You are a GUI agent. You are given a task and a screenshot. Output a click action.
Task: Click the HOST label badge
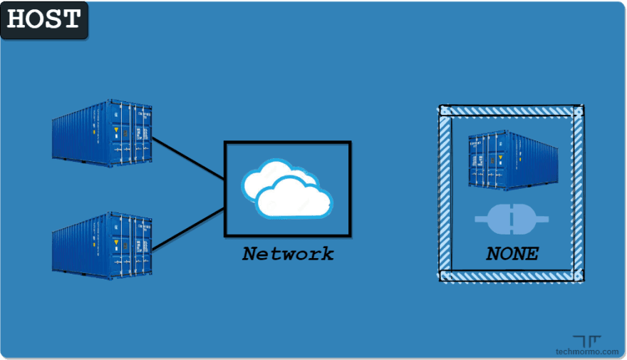(x=44, y=19)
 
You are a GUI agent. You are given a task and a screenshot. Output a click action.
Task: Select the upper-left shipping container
(x=102, y=133)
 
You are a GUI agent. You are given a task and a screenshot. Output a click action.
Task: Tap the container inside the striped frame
(x=512, y=160)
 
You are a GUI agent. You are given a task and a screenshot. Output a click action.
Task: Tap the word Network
(x=287, y=254)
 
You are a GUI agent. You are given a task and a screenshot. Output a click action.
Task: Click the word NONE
(x=512, y=254)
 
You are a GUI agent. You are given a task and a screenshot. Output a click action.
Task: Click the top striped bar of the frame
(x=511, y=111)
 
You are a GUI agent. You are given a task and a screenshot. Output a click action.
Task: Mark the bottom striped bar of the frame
(x=511, y=276)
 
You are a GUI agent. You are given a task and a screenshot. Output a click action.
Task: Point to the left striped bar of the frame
(x=445, y=194)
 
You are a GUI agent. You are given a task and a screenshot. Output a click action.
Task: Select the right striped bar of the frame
(x=578, y=194)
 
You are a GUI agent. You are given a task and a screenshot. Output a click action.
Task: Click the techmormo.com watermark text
(x=587, y=351)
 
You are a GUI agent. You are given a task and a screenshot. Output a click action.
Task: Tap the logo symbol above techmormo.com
(x=586, y=341)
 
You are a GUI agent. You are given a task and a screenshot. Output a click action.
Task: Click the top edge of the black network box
(x=287, y=143)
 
